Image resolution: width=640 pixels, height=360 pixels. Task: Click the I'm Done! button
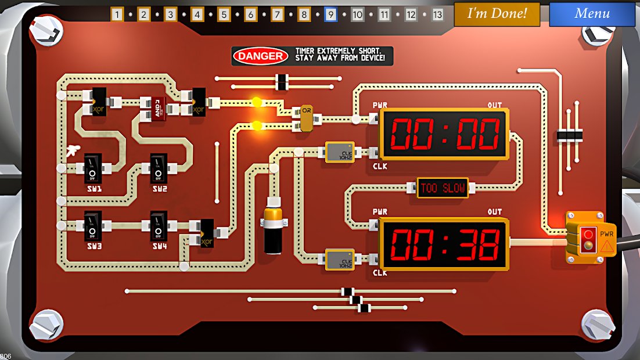[497, 14]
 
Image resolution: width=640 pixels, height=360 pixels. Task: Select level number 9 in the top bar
[330, 15]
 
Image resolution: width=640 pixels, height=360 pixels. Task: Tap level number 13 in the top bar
[437, 15]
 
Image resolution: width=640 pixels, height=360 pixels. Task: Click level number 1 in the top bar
[117, 15]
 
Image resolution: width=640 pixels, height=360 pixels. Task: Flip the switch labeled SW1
[93, 168]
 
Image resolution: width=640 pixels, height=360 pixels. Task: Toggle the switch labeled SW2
[159, 168]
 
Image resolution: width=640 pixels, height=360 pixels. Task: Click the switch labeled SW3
[93, 225]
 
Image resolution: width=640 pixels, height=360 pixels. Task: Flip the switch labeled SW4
[159, 225]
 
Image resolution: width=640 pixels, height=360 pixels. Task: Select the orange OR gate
[306, 118]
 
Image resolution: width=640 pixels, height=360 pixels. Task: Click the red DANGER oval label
[261, 56]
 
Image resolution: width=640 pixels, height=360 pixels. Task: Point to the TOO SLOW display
[443, 188]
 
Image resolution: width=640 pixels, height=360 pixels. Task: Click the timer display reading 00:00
[444, 134]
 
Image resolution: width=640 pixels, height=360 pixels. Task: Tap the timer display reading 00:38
[444, 244]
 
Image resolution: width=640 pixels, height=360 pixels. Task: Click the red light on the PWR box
[588, 235]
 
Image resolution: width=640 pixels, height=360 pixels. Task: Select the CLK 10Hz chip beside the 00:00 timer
[340, 152]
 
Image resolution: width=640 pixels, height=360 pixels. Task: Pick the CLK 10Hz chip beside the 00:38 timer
[340, 260]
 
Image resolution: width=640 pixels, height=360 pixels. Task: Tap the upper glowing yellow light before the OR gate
[257, 103]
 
